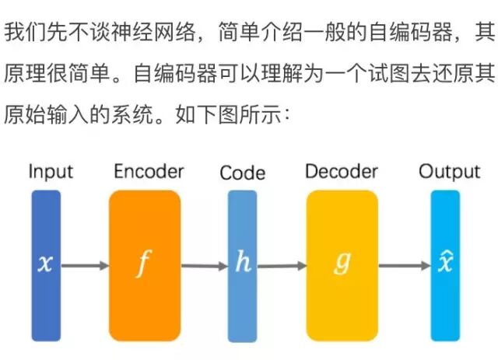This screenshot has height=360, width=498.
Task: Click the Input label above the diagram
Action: pos(51,172)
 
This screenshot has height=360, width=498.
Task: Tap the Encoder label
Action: pos(149,171)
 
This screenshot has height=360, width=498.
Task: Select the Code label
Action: pos(242,173)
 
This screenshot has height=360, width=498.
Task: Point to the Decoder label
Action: pos(342,171)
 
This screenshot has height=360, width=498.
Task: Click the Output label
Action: pos(449,172)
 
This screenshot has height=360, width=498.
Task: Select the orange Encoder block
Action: pos(145,264)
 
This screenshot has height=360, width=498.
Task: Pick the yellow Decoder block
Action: pos(342,264)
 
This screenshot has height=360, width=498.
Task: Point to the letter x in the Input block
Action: pos(46,264)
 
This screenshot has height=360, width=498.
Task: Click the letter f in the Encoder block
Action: pos(143,264)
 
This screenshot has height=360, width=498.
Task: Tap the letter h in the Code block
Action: pos(243,263)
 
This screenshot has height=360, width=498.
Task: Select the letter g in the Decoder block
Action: pos(342,264)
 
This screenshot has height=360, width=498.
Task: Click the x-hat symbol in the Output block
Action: pos(445,262)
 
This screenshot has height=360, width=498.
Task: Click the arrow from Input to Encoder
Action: pos(85,265)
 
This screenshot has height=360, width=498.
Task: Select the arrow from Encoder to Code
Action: pos(204,265)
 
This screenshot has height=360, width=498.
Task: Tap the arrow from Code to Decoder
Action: pos(282,265)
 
